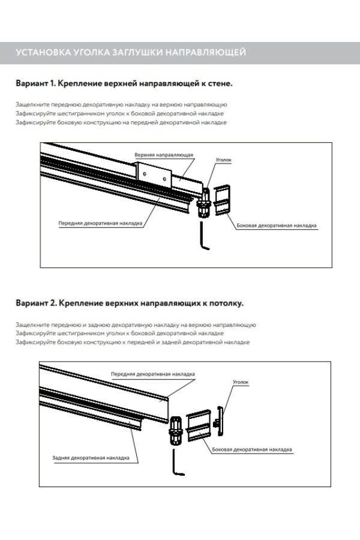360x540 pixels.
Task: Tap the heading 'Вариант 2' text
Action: (37, 303)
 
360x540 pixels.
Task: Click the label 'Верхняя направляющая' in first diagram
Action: (164, 154)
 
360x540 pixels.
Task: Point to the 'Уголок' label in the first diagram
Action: (223, 161)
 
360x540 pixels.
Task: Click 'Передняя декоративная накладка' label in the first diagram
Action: (109, 221)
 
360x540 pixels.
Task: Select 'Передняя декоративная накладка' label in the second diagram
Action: (152, 373)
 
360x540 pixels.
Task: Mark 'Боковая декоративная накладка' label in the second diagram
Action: (251, 448)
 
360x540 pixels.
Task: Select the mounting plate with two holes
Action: (155, 176)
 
